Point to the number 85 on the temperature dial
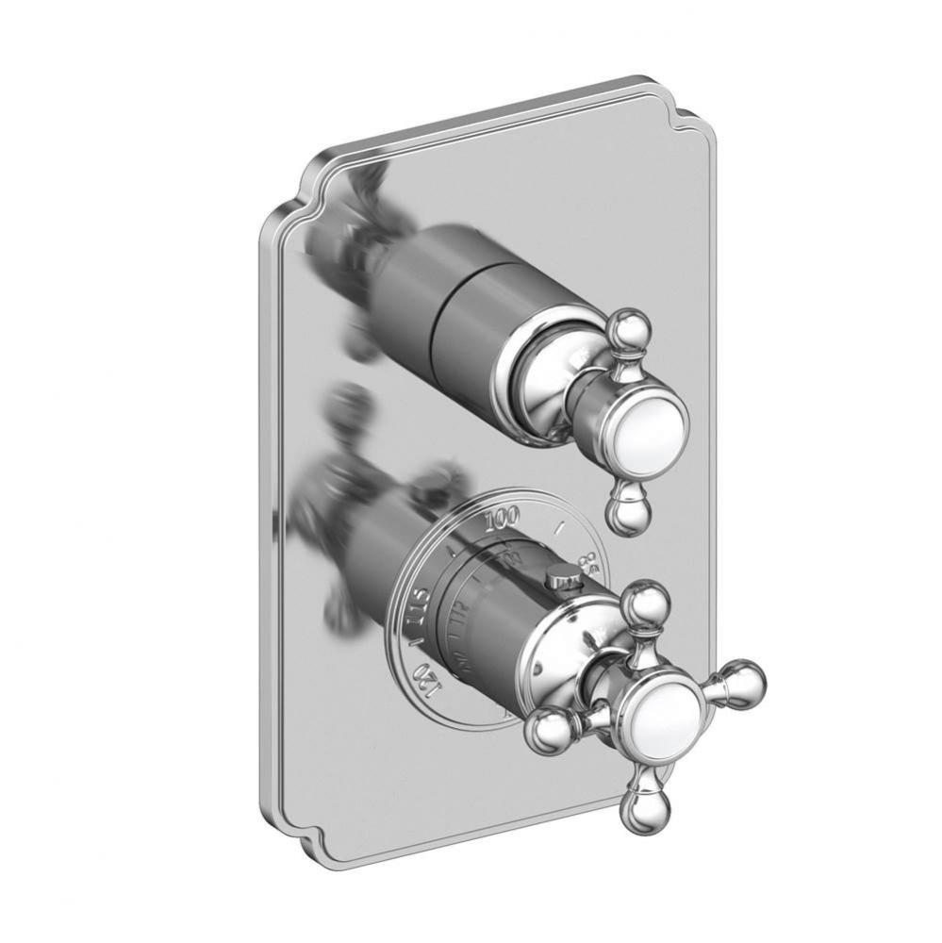tap(587, 565)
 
